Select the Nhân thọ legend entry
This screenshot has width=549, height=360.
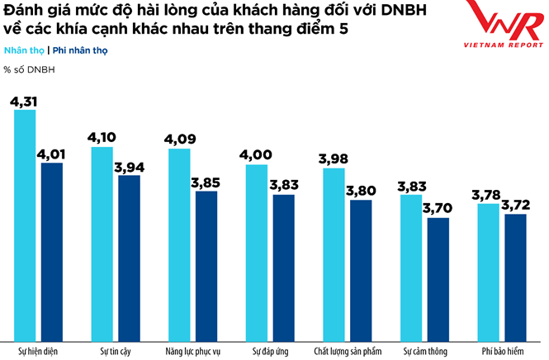point(21,50)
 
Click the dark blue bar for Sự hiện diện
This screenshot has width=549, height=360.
point(51,248)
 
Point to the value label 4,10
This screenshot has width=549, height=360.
point(102,135)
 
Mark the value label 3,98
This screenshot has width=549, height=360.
point(334,158)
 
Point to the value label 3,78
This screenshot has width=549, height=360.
point(488,194)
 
